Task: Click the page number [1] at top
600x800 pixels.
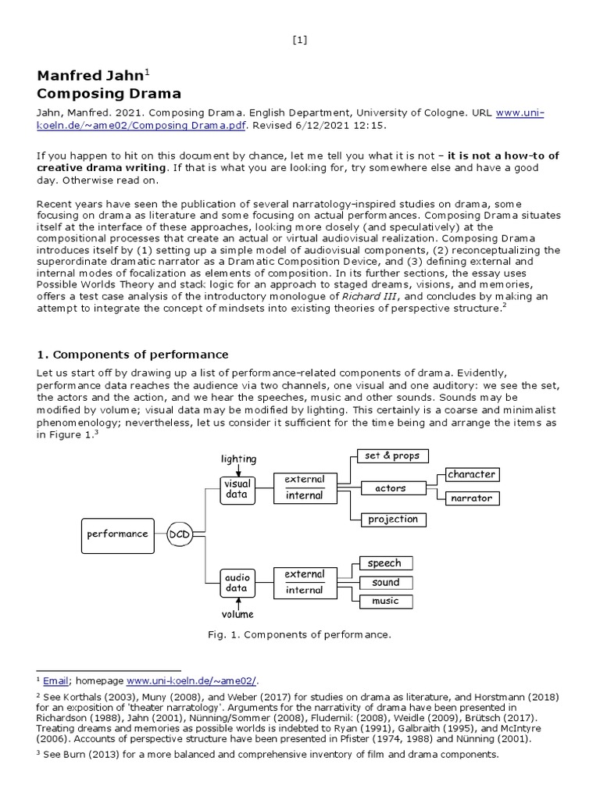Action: (x=300, y=41)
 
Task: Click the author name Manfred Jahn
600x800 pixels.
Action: (x=91, y=76)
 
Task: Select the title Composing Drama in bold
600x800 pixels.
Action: (x=109, y=94)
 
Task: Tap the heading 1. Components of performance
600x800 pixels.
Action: (x=133, y=355)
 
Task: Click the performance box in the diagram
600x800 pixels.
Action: (x=117, y=534)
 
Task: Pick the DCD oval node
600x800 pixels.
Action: (x=180, y=534)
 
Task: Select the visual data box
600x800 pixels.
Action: (x=237, y=489)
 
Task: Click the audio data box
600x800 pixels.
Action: (x=237, y=582)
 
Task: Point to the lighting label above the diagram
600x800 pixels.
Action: (x=238, y=459)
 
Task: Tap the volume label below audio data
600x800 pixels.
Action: (x=237, y=614)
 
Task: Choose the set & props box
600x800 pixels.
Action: (x=392, y=456)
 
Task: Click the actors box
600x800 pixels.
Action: (x=391, y=488)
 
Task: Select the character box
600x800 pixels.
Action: (x=471, y=474)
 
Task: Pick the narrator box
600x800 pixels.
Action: (x=471, y=498)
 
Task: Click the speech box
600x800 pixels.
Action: (x=385, y=563)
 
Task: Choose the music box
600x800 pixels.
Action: (x=385, y=601)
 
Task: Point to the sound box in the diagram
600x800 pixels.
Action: (x=385, y=583)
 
